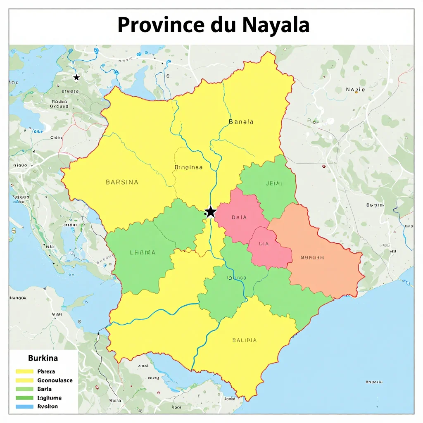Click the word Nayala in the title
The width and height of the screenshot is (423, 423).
[x=276, y=25]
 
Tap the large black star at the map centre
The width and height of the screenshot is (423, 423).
[x=211, y=212]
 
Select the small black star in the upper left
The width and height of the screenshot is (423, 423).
[x=76, y=77]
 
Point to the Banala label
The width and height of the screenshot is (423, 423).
[x=241, y=122]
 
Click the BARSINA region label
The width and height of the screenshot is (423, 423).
[x=122, y=182]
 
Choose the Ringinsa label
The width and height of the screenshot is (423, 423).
[x=189, y=167]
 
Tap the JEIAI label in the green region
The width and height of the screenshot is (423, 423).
[x=274, y=183]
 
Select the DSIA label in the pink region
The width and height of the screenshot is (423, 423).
[x=239, y=217]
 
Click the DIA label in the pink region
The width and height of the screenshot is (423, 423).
[x=264, y=244]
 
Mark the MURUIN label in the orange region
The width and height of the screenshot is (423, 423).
[x=312, y=257]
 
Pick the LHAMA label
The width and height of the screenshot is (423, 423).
[x=143, y=252]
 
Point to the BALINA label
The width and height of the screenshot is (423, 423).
[x=244, y=340]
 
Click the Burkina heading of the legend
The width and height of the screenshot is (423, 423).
[x=43, y=358]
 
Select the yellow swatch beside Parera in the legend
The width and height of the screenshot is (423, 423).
[x=24, y=371]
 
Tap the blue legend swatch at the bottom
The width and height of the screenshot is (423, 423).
[x=24, y=406]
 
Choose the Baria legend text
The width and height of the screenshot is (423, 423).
[x=45, y=389]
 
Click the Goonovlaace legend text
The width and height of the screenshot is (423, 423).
[x=55, y=380]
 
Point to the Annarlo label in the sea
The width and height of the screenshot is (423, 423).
[x=374, y=382]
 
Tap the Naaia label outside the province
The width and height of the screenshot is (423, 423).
[x=355, y=89]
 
